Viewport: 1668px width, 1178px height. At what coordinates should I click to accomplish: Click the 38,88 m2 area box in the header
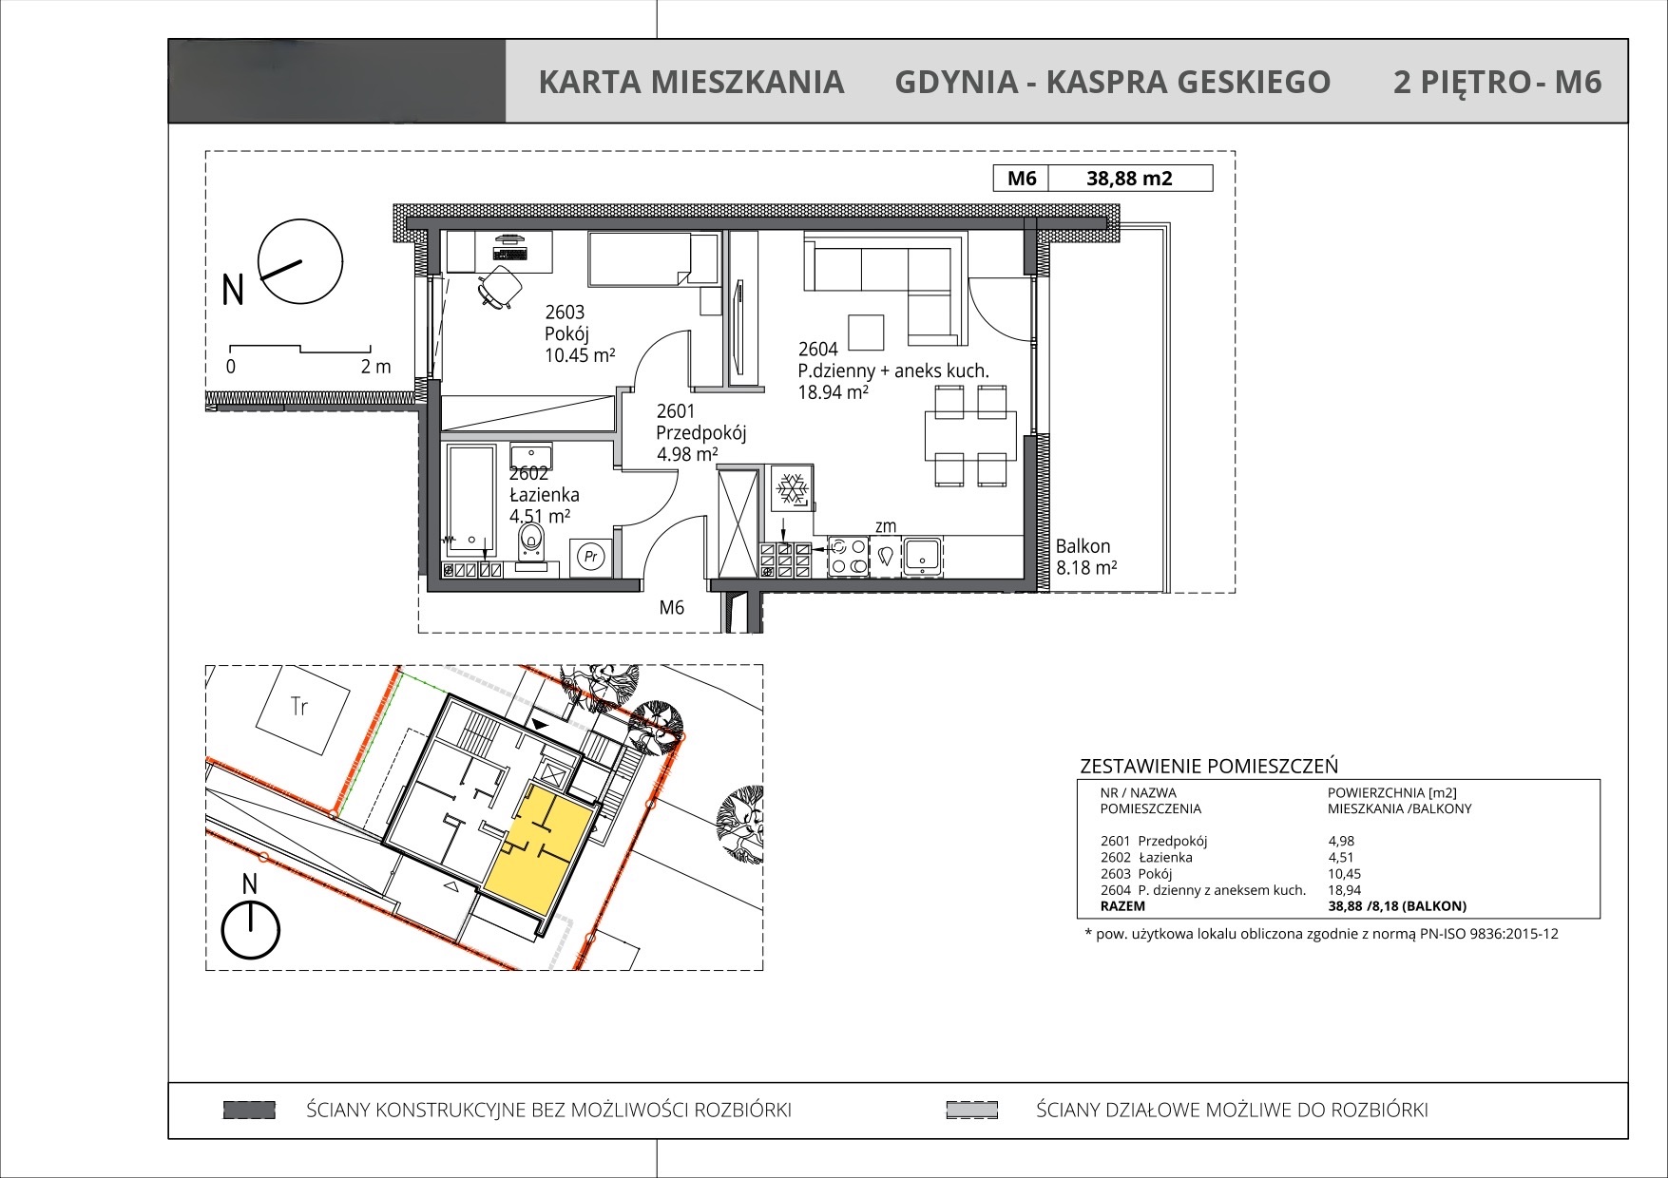pyautogui.click(x=1130, y=178)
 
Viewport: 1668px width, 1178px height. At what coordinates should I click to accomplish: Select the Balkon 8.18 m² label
pyautogui.click(x=1086, y=557)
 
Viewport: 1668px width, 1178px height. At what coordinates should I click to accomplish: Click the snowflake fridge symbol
pyautogui.click(x=792, y=489)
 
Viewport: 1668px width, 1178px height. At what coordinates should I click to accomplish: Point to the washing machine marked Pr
pyautogui.click(x=591, y=556)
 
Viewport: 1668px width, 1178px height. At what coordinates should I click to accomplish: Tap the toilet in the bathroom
pyautogui.click(x=530, y=549)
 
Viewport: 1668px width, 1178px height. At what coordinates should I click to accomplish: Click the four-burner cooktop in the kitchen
pyautogui.click(x=848, y=557)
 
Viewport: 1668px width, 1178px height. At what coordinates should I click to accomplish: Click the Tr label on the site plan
pyautogui.click(x=299, y=706)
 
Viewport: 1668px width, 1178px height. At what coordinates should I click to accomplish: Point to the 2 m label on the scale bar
pyautogui.click(x=375, y=367)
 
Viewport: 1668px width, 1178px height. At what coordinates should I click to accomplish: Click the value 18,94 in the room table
pyautogui.click(x=1344, y=890)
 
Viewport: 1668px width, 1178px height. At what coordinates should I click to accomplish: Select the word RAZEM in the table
pyautogui.click(x=1122, y=906)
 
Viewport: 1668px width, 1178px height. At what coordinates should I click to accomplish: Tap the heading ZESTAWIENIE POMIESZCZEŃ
pyautogui.click(x=1209, y=766)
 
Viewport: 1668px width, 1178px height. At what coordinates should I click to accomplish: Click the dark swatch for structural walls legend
pyautogui.click(x=249, y=1110)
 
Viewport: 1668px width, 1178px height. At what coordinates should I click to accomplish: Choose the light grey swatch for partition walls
pyautogui.click(x=971, y=1110)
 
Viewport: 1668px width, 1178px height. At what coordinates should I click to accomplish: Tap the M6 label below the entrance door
pyautogui.click(x=672, y=607)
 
